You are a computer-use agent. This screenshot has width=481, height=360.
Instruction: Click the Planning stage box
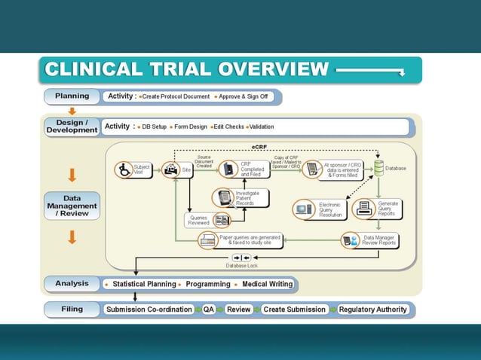(x=72, y=96)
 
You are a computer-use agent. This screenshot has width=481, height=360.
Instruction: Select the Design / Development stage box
(x=72, y=127)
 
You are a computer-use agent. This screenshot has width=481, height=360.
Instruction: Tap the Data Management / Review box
(x=72, y=205)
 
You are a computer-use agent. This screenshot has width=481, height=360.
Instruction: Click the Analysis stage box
(x=72, y=284)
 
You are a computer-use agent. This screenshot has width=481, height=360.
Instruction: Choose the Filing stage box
(x=72, y=309)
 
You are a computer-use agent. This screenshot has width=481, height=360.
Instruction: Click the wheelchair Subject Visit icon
(x=124, y=169)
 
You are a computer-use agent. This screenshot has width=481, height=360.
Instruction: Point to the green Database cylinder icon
(x=378, y=169)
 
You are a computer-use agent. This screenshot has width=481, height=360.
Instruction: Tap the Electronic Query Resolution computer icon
(x=304, y=208)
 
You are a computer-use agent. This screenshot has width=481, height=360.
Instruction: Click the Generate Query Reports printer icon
(x=363, y=208)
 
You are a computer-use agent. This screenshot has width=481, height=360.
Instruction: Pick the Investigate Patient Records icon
(x=224, y=197)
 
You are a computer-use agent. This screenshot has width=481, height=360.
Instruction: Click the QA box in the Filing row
(x=209, y=309)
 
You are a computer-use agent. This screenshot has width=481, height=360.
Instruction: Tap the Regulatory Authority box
(x=372, y=309)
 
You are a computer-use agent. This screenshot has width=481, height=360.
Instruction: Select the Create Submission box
(x=294, y=309)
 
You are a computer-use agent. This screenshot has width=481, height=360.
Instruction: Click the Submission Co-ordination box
(x=149, y=309)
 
